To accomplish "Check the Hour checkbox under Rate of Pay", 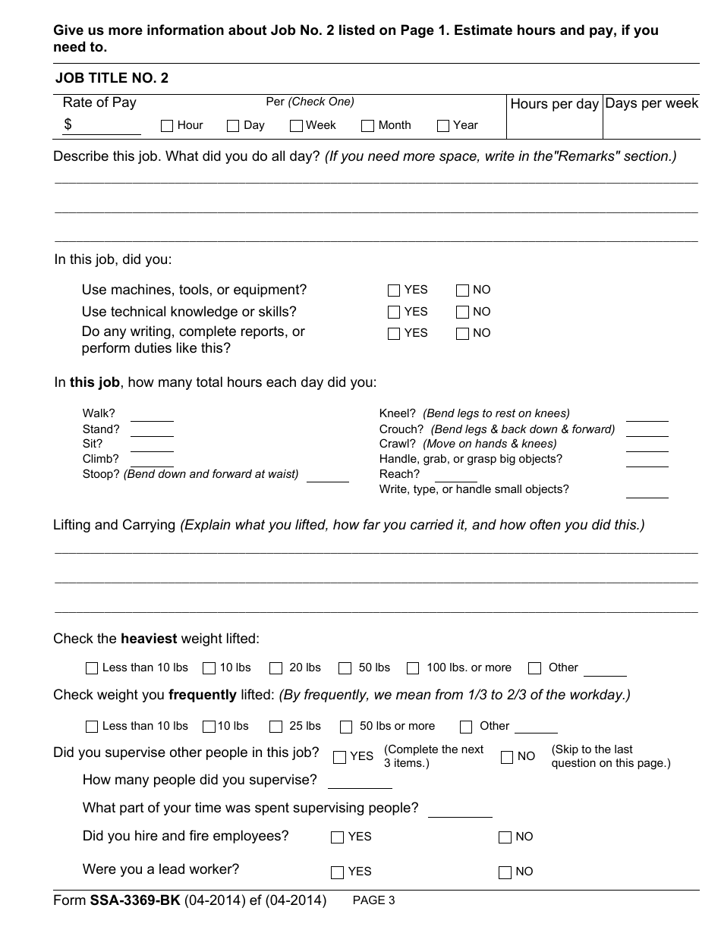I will coord(167,126).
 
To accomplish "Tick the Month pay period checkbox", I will coord(368,126).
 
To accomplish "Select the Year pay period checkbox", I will coord(443,126).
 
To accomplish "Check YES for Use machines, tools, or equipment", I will coord(393,291).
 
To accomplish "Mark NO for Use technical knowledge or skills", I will coord(463,313).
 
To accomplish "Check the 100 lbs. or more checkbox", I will coord(413,668).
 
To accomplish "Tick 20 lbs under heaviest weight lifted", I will coord(276,668).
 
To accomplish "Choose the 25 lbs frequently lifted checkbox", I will coord(276,727).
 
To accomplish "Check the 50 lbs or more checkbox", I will coord(346,727).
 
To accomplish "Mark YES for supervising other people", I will coord(339,757).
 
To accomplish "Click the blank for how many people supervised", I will coord(349,781).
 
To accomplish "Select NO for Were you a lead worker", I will coord(505,872).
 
